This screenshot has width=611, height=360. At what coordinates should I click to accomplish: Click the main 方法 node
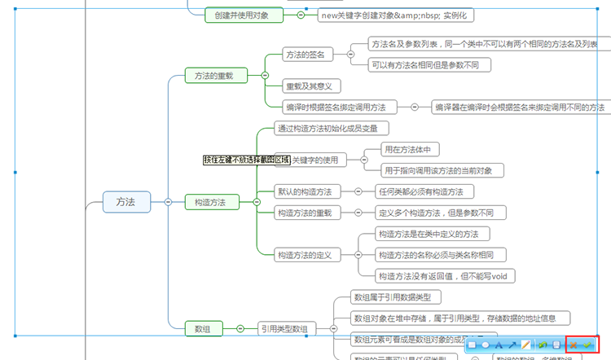[126, 201]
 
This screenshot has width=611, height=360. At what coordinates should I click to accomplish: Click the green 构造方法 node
[210, 201]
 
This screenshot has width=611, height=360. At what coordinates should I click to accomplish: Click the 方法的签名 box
[305, 55]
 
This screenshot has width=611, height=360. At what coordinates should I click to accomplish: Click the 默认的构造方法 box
[304, 192]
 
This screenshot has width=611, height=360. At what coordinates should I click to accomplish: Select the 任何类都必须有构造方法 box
[420, 192]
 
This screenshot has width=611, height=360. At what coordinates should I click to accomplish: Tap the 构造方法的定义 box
[304, 255]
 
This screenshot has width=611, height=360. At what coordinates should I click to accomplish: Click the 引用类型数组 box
[283, 329]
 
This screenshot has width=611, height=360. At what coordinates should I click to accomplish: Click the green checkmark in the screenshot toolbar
[588, 345]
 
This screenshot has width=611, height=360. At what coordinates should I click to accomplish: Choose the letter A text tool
[499, 345]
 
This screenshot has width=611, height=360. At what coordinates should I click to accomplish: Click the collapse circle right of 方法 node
[167, 201]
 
